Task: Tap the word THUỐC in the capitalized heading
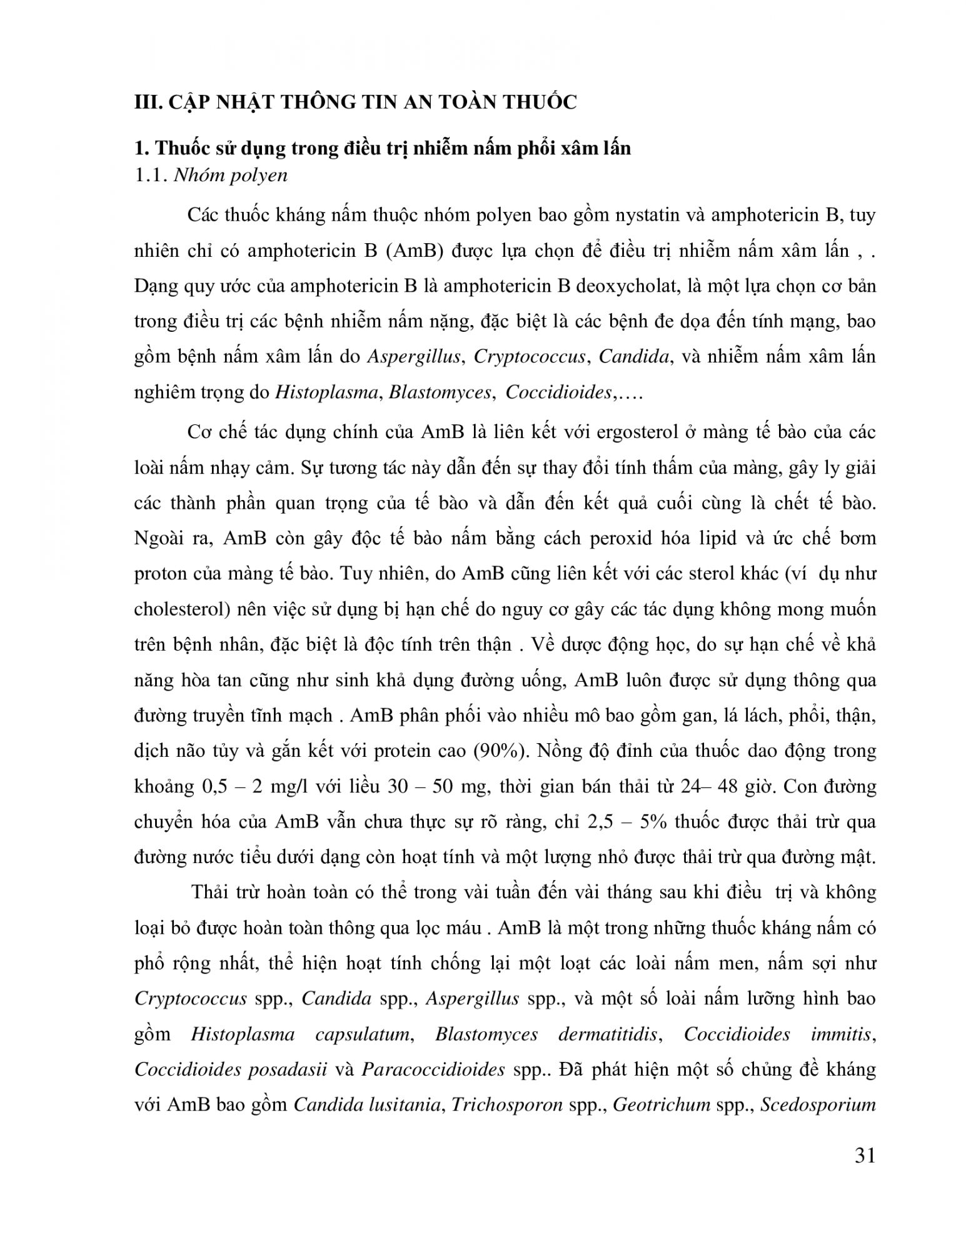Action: point(537,103)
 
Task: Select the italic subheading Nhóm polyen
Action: point(230,175)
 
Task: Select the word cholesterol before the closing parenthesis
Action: point(178,609)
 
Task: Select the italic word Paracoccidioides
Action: point(433,1070)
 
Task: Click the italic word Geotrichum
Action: point(662,1106)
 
